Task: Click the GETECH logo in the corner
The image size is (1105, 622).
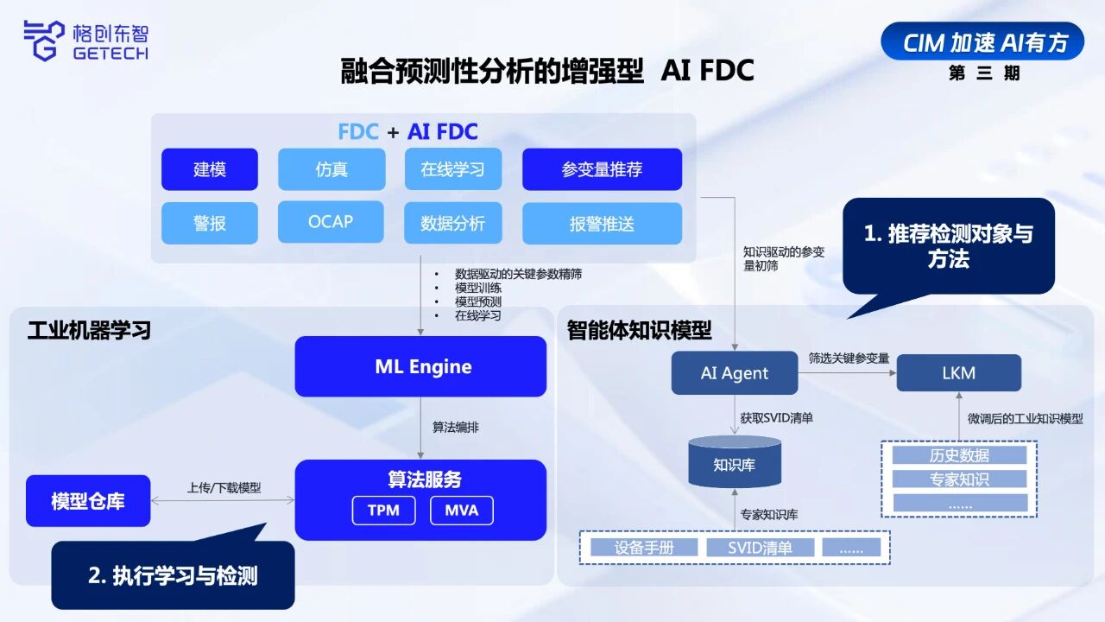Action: (85, 41)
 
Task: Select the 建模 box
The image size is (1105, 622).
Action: (209, 169)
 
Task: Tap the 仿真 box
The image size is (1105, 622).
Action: (331, 169)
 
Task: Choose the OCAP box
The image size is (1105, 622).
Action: (331, 222)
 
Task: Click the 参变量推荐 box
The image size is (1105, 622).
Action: (602, 169)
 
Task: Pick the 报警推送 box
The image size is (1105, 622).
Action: (602, 224)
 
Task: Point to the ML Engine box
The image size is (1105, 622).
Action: (420, 366)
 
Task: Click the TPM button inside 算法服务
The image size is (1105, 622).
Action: (383, 510)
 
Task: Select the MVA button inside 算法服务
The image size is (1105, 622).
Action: (461, 510)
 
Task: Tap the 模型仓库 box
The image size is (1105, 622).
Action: (88, 501)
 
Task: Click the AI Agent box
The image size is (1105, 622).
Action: (735, 373)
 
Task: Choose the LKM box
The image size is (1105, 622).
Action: (958, 373)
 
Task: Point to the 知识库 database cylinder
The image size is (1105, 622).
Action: (735, 463)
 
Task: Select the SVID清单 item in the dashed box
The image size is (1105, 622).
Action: (760, 547)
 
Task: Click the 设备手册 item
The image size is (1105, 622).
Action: (644, 547)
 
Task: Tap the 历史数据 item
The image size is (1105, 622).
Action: (959, 455)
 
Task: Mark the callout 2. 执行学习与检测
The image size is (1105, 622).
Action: (173, 575)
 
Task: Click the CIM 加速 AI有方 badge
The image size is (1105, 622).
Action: (982, 41)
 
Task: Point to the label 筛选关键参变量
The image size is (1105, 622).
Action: (849, 358)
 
